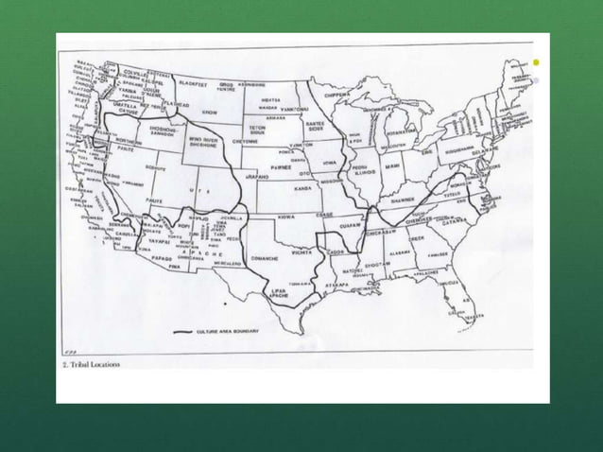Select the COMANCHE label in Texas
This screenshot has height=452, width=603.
(264, 256)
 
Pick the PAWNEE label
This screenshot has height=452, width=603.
(281, 166)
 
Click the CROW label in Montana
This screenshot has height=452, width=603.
(210, 112)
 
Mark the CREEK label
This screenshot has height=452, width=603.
(417, 239)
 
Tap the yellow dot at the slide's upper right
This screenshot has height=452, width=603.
(535, 62)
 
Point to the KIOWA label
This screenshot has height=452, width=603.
(286, 217)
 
